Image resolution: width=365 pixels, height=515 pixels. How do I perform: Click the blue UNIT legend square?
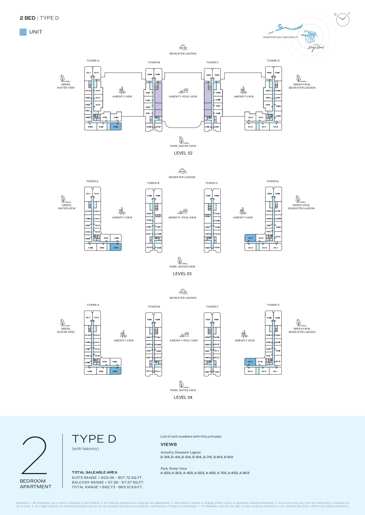(x=23, y=32)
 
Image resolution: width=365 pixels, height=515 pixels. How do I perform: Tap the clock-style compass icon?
(x=343, y=20)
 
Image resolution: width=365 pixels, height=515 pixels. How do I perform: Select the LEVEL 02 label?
(x=183, y=153)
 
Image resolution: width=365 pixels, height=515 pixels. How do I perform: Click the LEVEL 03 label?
(x=182, y=274)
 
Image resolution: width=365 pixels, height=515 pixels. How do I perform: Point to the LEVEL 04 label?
(x=183, y=397)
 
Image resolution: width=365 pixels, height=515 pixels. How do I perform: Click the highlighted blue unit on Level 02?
(x=116, y=127)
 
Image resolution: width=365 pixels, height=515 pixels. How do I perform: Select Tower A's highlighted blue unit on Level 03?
(x=116, y=247)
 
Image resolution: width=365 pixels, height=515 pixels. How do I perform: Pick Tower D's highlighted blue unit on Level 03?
(x=250, y=238)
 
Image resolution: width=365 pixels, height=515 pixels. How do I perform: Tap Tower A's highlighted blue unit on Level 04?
(x=115, y=371)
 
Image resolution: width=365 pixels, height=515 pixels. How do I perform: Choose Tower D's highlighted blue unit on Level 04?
(x=250, y=362)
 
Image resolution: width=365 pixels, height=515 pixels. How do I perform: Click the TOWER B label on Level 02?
(x=154, y=62)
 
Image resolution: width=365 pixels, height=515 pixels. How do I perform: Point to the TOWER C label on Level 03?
(x=212, y=183)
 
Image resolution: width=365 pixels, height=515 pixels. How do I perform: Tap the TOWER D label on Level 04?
(x=273, y=305)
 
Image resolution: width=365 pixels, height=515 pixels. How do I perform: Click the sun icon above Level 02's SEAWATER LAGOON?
(x=183, y=47)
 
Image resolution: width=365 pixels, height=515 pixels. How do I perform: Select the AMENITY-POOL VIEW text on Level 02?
(x=183, y=97)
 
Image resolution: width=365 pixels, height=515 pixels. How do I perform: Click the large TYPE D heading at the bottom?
(x=94, y=439)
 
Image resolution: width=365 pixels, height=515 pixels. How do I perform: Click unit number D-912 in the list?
(x=228, y=457)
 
